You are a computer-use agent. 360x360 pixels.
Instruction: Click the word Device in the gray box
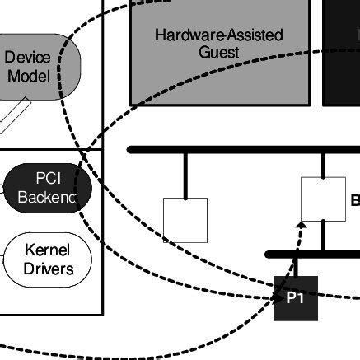[27, 58]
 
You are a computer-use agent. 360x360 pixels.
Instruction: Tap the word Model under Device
[27, 77]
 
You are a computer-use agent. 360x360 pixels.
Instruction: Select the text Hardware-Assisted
[219, 35]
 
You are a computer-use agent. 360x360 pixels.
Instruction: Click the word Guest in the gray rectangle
[219, 53]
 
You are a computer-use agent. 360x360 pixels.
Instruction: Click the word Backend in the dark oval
[47, 198]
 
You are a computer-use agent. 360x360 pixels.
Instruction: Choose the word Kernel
[47, 250]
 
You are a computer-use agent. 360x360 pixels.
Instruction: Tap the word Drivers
[47, 269]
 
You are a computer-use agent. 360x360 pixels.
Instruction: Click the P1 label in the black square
[295, 298]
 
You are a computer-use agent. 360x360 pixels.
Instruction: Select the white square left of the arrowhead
[185, 220]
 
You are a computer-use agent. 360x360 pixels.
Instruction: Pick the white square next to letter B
[323, 199]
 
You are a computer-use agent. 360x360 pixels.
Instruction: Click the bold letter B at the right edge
[355, 200]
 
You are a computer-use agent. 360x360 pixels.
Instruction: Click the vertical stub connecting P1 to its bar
[295, 267]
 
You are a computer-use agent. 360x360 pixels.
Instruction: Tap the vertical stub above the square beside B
[323, 165]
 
